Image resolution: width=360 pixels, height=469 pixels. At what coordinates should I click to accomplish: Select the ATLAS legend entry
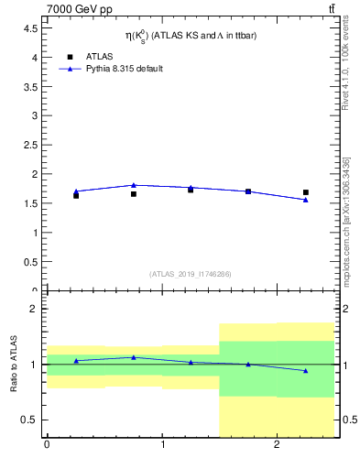click(x=88, y=56)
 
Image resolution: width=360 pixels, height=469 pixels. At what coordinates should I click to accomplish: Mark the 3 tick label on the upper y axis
click(x=34, y=115)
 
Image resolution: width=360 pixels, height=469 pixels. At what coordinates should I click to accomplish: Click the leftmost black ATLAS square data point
click(x=76, y=195)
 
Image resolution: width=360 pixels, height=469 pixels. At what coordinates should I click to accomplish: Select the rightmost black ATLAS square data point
click(x=306, y=192)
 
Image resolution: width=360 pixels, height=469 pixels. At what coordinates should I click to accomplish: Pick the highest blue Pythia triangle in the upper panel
click(x=134, y=185)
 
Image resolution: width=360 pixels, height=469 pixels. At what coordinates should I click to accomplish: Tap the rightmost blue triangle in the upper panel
click(x=306, y=200)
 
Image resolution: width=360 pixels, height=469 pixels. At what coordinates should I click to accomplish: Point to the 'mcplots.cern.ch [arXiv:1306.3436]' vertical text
click(x=345, y=220)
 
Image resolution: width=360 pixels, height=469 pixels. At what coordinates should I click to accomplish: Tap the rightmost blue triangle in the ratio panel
click(x=306, y=370)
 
